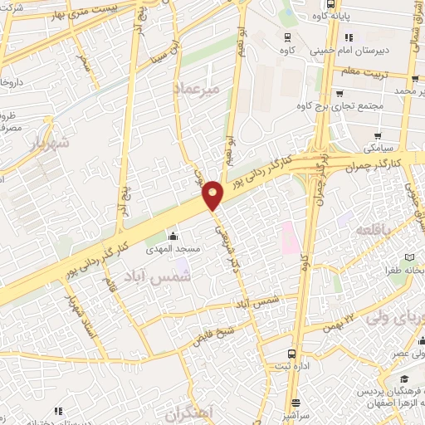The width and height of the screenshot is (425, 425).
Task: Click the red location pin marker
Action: pyautogui.click(x=213, y=193)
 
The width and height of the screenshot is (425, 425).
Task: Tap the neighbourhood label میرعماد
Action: pyautogui.click(x=197, y=86)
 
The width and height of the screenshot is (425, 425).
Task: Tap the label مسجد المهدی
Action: pyautogui.click(x=169, y=249)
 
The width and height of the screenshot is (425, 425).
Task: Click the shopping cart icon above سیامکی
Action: pyautogui.click(x=379, y=136)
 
